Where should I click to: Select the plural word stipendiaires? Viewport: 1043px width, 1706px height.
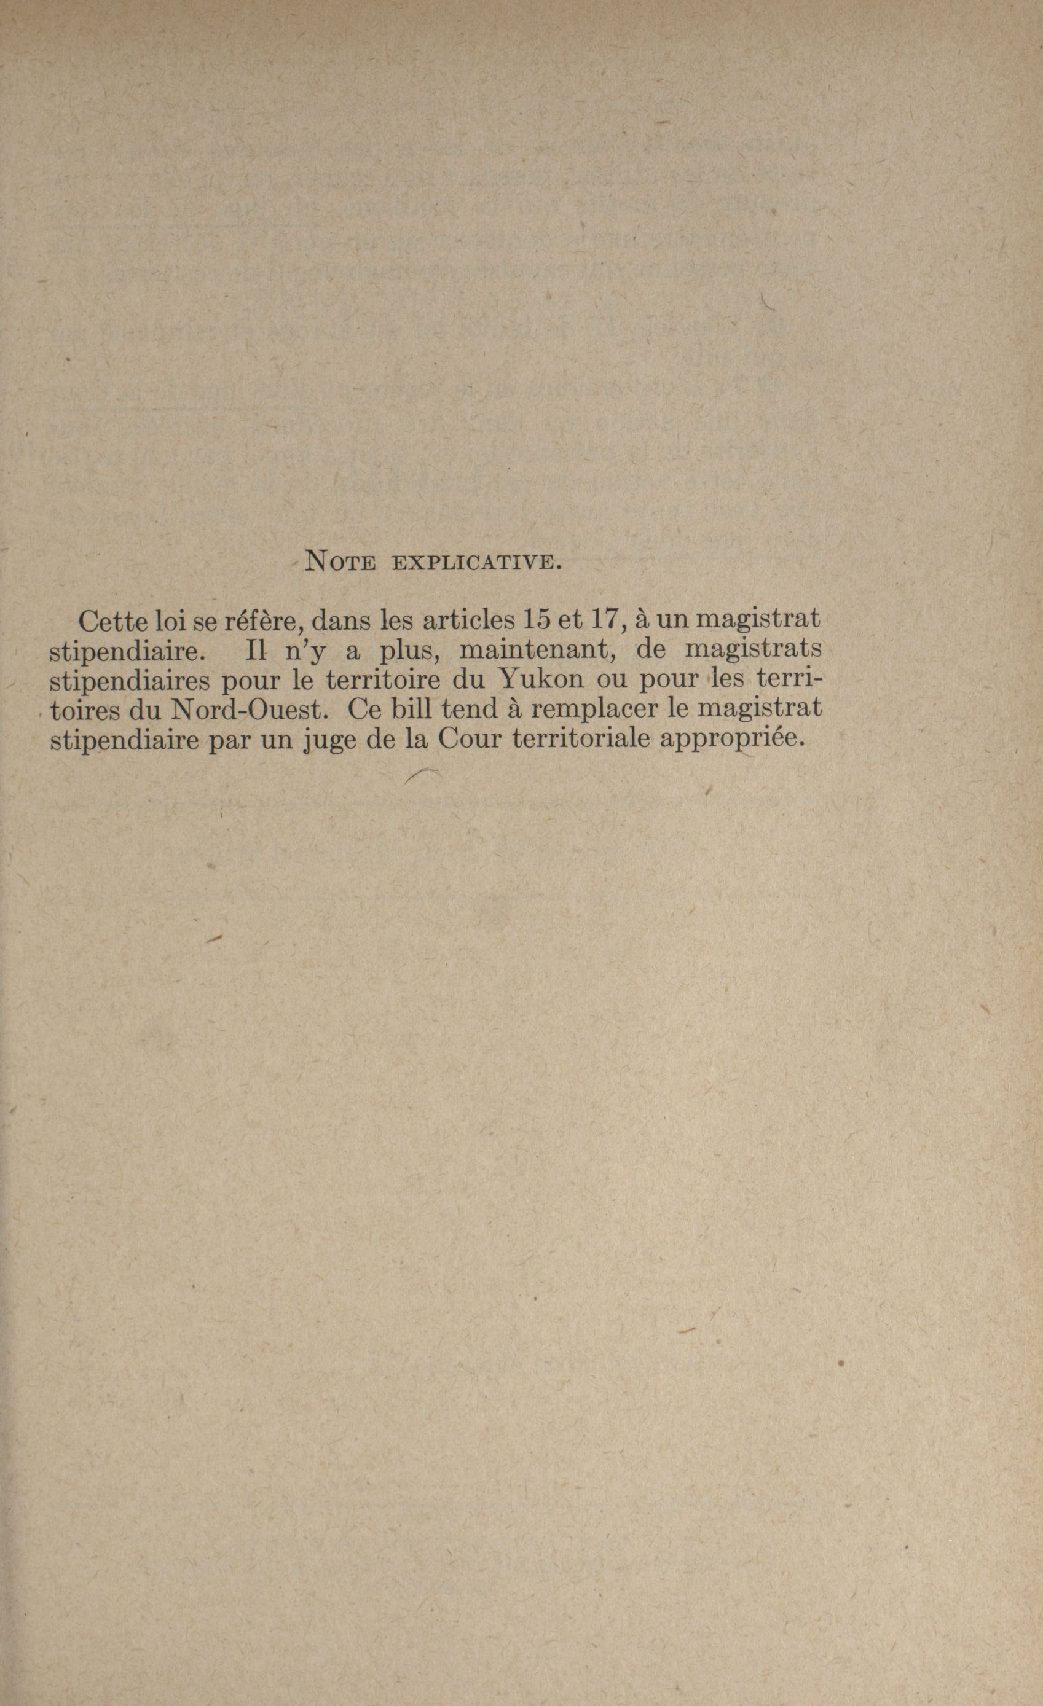(x=131, y=681)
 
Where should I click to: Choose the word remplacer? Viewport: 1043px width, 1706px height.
(x=596, y=711)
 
